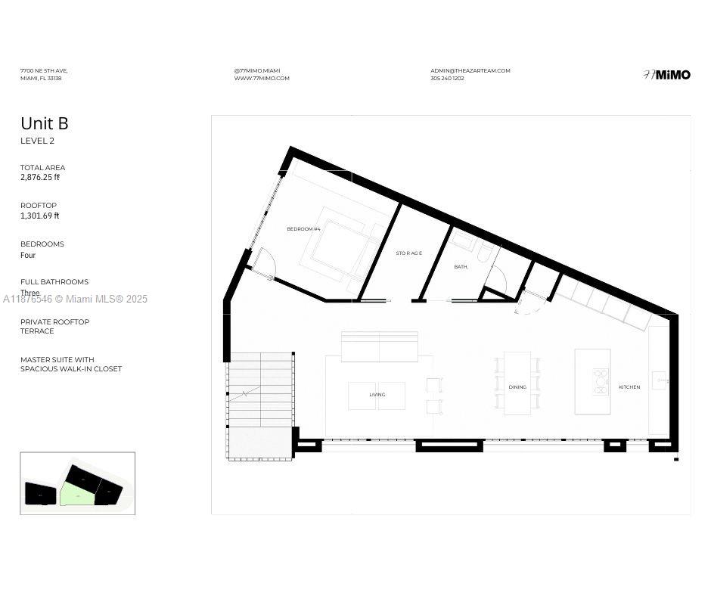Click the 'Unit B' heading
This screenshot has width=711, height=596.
[x=45, y=123]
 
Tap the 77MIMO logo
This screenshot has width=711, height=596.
[x=666, y=74]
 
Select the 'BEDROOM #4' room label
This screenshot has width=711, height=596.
[x=303, y=228]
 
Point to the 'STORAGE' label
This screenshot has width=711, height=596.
[x=409, y=253]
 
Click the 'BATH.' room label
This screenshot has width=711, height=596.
[x=461, y=266]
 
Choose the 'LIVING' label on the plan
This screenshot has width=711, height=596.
[x=377, y=395]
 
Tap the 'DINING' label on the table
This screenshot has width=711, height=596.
[x=517, y=387]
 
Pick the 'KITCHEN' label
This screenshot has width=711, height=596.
[x=629, y=387]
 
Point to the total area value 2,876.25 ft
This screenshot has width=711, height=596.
[x=40, y=178]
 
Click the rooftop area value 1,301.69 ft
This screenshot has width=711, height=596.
[x=40, y=216]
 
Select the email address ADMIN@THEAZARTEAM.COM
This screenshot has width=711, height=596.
[x=470, y=70]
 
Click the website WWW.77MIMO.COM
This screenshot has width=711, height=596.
[x=262, y=79]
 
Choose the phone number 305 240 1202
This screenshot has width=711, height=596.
[x=447, y=79]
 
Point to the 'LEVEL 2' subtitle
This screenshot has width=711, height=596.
[x=37, y=141]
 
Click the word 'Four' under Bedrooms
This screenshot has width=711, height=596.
[x=28, y=256]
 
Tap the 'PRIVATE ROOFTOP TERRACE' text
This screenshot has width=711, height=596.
[x=54, y=326]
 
